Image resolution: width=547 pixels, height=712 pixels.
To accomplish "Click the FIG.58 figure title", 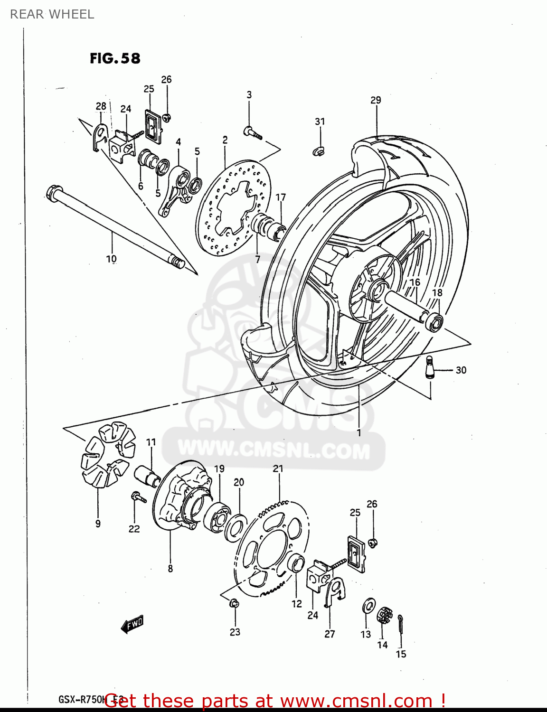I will [115, 58].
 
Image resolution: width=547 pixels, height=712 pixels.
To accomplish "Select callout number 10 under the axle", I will [111, 259].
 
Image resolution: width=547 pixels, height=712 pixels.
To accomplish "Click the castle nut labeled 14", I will [384, 616].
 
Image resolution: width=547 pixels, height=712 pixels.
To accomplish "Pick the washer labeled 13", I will [368, 606].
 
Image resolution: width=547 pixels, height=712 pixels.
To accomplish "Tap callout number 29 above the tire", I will [376, 100].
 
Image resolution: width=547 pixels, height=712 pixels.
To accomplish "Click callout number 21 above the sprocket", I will [278, 468].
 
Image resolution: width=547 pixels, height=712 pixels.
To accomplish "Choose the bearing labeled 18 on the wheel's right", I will [435, 323].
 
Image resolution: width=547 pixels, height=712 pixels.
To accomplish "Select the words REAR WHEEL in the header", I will [52, 14].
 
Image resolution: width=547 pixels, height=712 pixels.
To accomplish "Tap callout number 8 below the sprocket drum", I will [170, 568].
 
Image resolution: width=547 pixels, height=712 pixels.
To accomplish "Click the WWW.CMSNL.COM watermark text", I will [274, 449].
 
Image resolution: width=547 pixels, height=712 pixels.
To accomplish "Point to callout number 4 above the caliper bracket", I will [179, 142].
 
